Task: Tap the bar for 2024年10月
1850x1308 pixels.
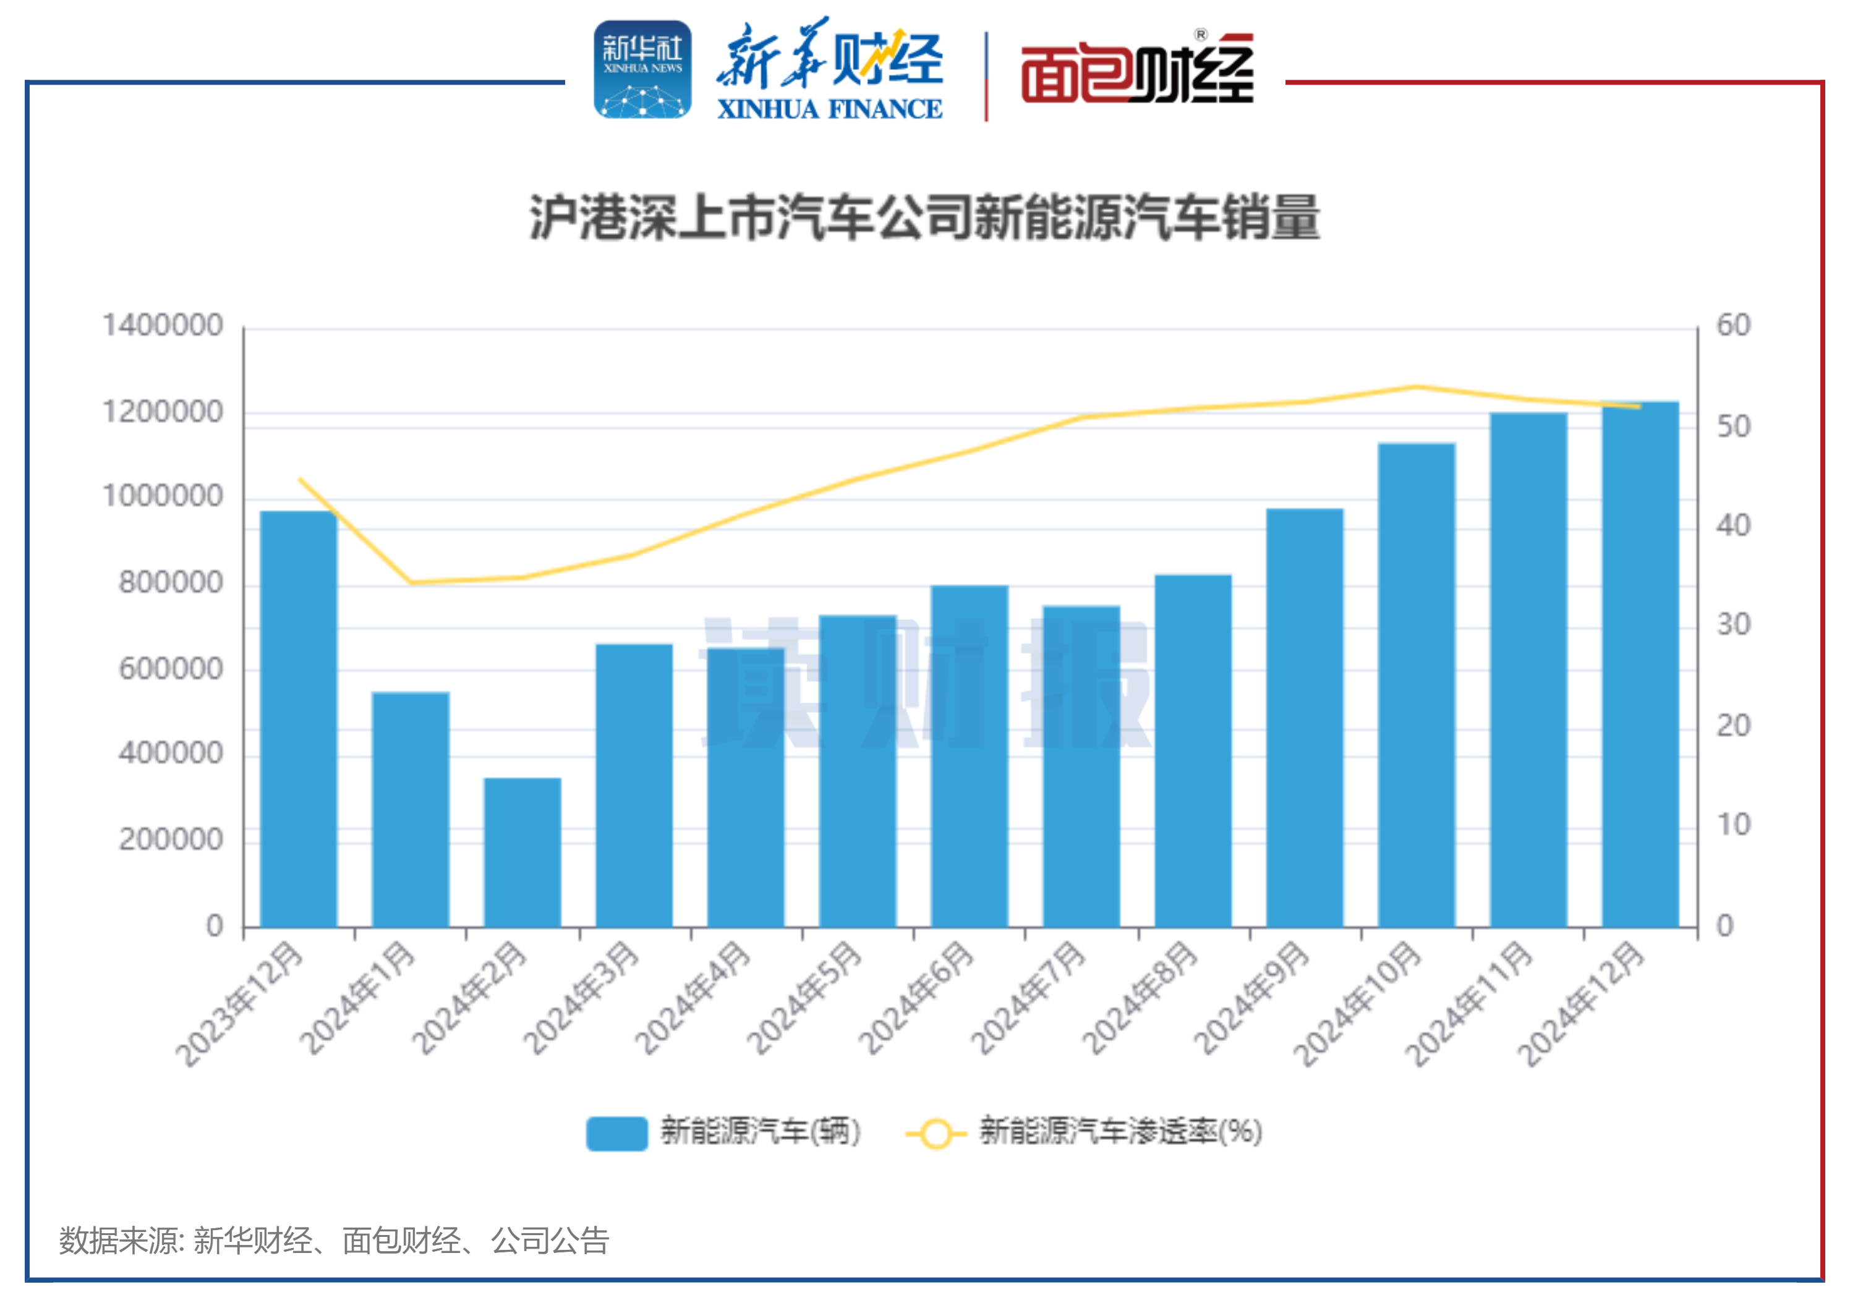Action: [x=1417, y=685]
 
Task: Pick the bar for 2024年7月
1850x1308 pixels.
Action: [x=1081, y=766]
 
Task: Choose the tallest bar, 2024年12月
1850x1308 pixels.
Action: [x=1640, y=664]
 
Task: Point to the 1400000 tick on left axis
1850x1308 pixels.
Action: [x=163, y=325]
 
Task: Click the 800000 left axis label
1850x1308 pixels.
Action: [x=171, y=582]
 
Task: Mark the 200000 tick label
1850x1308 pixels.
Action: [x=171, y=839]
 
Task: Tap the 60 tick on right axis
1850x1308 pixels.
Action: [x=1733, y=325]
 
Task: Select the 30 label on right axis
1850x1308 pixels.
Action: [x=1733, y=625]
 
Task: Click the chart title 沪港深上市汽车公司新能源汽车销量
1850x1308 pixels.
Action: [x=924, y=218]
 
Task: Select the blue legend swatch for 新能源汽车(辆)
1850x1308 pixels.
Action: [x=616, y=1133]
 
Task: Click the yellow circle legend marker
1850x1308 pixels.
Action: [x=936, y=1134]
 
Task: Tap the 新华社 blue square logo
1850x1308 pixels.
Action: [x=642, y=70]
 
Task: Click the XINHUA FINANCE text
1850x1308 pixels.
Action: [x=829, y=109]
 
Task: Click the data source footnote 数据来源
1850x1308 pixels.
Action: [x=333, y=1241]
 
